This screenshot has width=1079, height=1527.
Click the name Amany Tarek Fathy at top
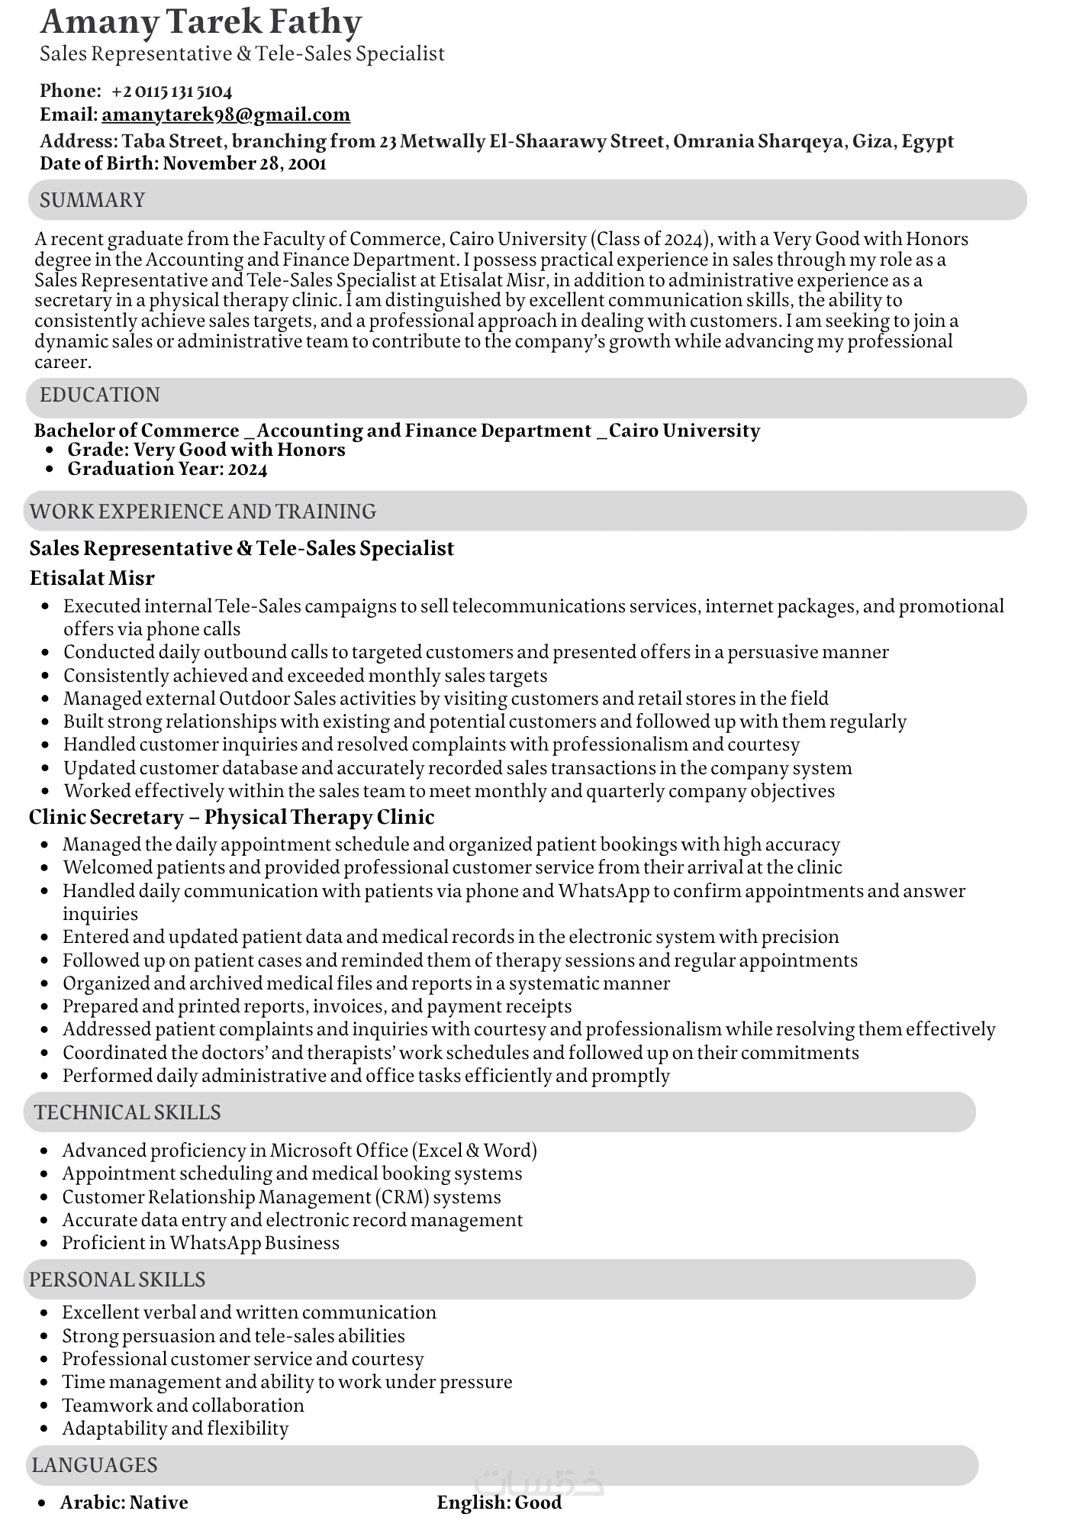[x=201, y=21]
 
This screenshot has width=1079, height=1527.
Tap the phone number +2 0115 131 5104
[x=171, y=92]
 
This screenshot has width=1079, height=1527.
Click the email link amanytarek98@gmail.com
[x=225, y=115]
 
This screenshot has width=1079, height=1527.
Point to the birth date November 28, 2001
[x=244, y=163]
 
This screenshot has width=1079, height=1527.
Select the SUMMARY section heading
[x=92, y=200]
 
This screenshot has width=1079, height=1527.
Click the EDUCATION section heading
[x=100, y=395]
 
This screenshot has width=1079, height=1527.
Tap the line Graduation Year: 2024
[x=167, y=469]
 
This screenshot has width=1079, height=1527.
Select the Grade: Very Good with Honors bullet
[x=206, y=450]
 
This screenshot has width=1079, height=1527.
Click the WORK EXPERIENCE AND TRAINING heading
[x=203, y=511]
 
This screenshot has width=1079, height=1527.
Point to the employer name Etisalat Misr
[x=92, y=578]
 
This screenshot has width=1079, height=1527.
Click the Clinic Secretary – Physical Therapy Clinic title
[x=231, y=817]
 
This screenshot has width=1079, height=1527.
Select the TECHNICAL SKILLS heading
[x=127, y=1112]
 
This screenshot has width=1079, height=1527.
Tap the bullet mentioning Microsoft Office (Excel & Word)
[x=299, y=1151]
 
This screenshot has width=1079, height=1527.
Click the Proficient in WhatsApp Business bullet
[x=201, y=1243]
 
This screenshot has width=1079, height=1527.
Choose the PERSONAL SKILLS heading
[x=117, y=1280]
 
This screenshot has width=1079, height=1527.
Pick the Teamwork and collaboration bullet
[x=183, y=1406]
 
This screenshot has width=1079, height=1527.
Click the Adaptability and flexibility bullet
[x=176, y=1429]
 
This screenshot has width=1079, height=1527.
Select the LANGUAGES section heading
[x=95, y=1465]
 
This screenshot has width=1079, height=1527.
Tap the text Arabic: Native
[x=124, y=1503]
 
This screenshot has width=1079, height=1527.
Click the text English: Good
[x=499, y=1503]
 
